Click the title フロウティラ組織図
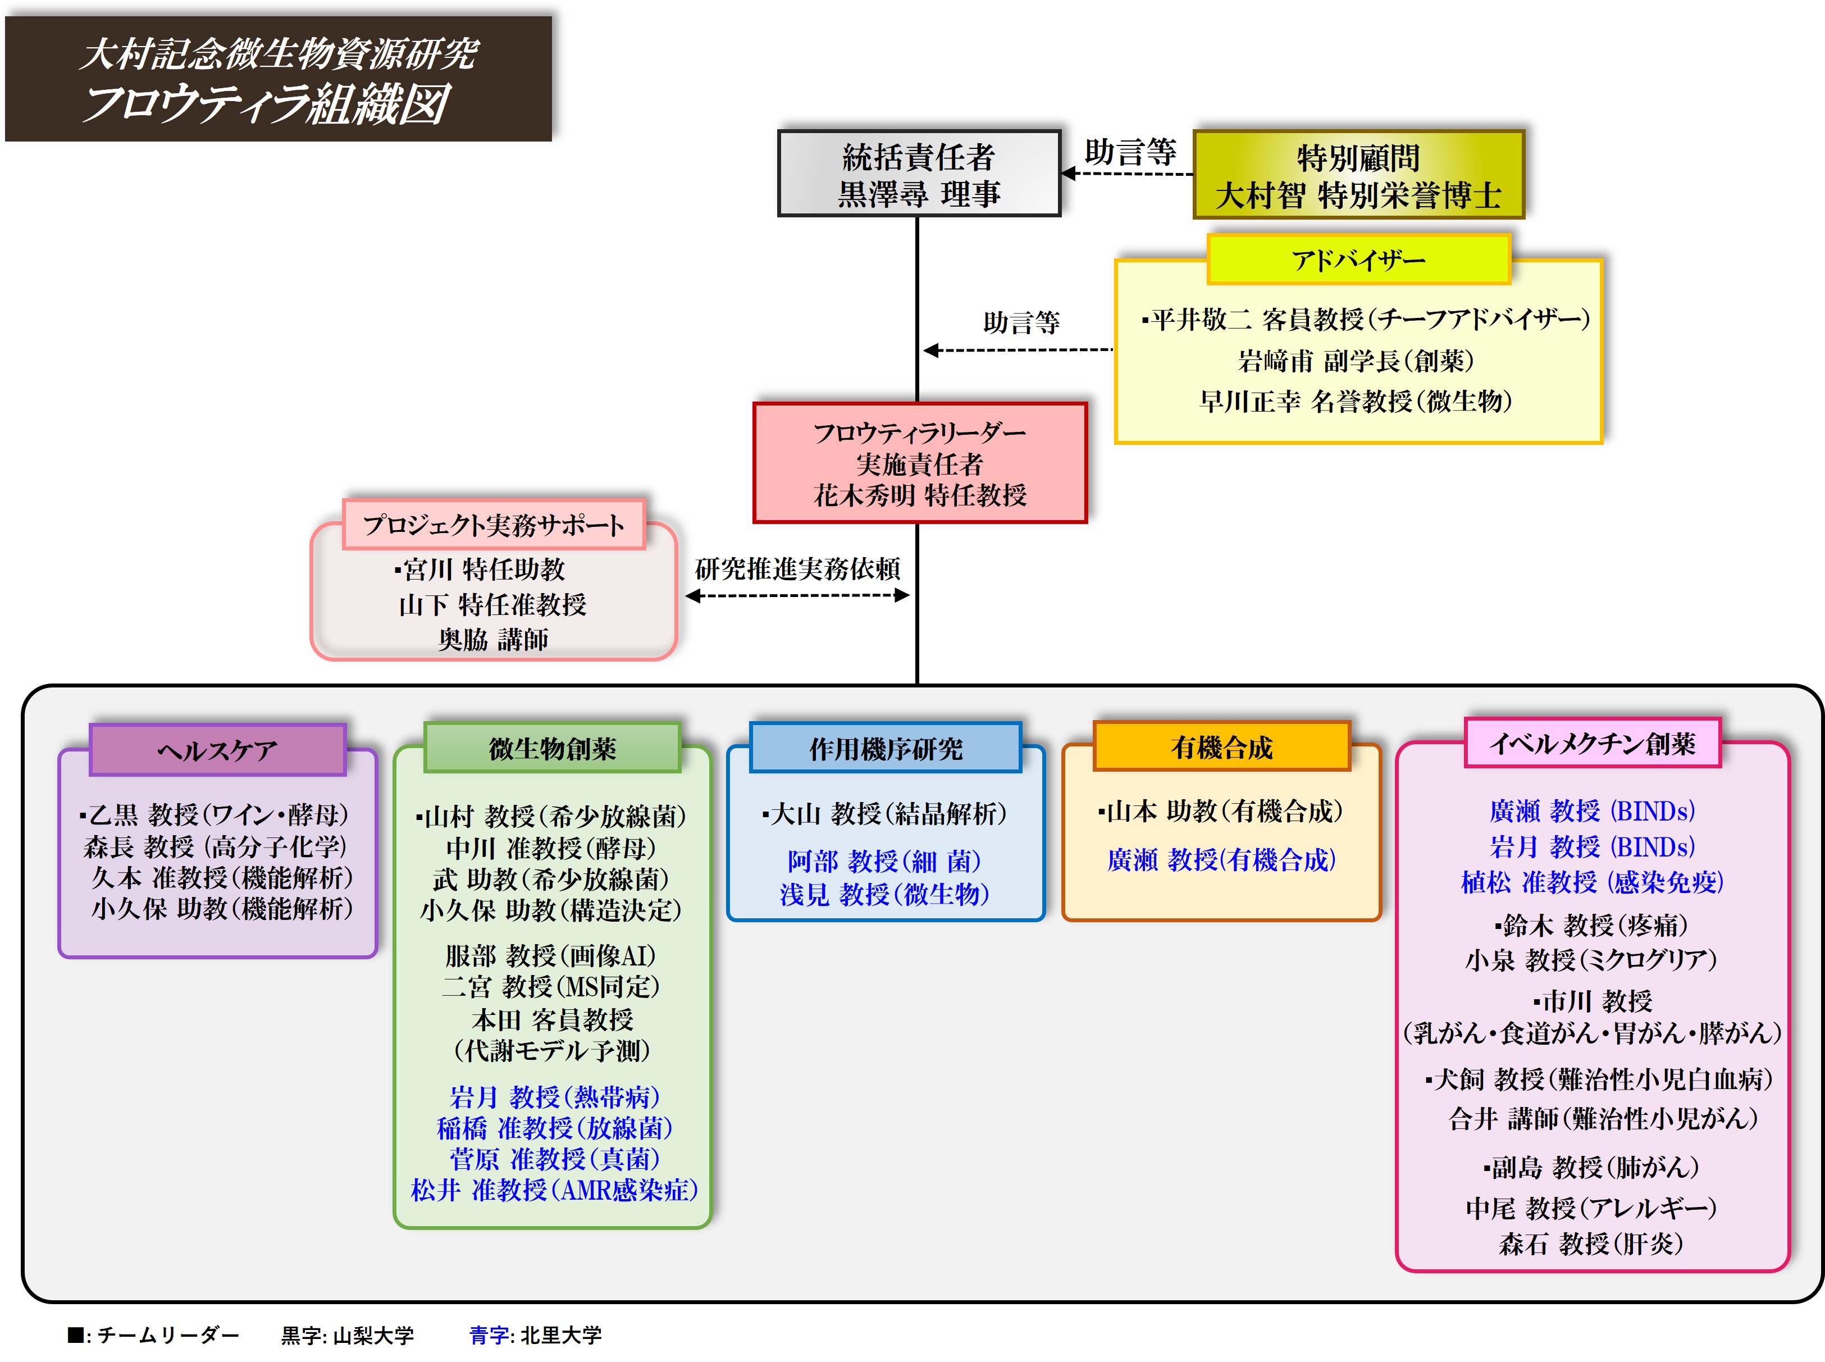click(266, 104)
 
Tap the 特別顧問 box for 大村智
click(1358, 175)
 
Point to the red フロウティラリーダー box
click(919, 463)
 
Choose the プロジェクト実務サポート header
click(493, 525)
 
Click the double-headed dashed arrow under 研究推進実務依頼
click(797, 595)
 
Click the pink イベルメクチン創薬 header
click(1592, 744)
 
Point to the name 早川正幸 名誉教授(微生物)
click(1356, 402)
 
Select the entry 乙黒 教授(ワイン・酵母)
click(216, 814)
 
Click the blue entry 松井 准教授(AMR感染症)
click(554, 1190)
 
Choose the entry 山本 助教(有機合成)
click(1221, 811)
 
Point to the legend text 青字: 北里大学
click(536, 1335)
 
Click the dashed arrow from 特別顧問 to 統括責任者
click(1127, 174)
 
